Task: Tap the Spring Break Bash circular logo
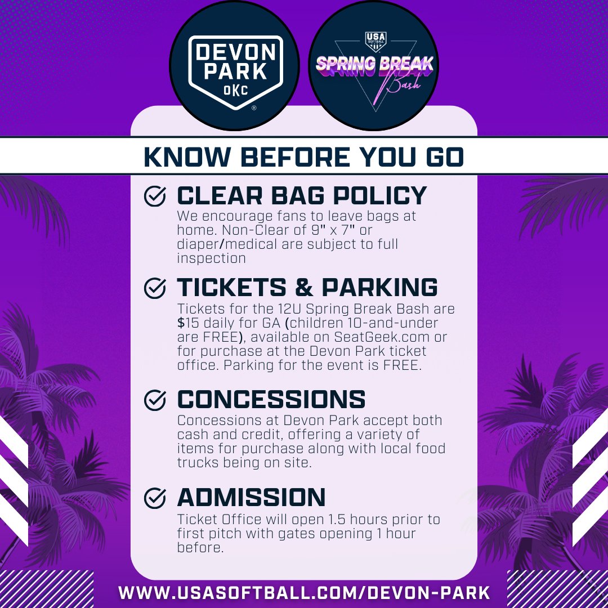[x=374, y=65]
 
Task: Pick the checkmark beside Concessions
[x=155, y=400]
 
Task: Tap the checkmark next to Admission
[x=155, y=498]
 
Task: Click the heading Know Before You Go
[x=304, y=157]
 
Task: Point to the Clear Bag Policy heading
[x=302, y=195]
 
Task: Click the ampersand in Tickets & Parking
[x=304, y=287]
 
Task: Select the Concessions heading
[x=271, y=400]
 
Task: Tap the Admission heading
[x=251, y=498]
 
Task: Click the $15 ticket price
[x=187, y=323]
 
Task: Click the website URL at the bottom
[x=304, y=593]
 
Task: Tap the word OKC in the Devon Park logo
[x=235, y=90]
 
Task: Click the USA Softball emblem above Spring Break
[x=374, y=41]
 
